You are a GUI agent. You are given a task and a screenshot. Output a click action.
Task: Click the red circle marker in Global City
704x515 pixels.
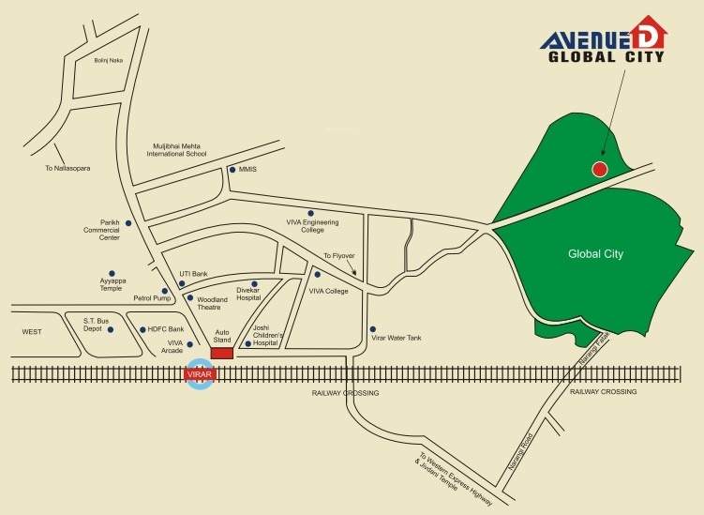click(600, 169)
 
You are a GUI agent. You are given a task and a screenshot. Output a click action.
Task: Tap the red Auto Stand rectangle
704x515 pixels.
click(222, 353)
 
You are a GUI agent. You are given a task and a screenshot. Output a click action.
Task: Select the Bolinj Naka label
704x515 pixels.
click(109, 61)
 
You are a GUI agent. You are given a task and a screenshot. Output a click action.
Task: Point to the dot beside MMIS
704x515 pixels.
click(232, 170)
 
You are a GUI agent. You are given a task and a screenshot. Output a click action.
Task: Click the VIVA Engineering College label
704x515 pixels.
click(312, 225)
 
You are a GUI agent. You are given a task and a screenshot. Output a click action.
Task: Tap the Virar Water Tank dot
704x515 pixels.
click(373, 329)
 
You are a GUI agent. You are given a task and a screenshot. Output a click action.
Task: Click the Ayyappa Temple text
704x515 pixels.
click(112, 283)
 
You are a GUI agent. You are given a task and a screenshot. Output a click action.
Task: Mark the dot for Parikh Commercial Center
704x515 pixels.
click(128, 222)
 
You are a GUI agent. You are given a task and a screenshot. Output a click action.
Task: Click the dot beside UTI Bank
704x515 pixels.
click(183, 283)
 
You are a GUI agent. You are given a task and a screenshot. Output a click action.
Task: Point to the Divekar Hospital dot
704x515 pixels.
click(254, 283)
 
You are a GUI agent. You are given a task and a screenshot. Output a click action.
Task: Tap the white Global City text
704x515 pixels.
click(595, 254)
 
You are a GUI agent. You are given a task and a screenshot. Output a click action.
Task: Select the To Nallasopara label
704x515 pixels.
click(66, 169)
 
